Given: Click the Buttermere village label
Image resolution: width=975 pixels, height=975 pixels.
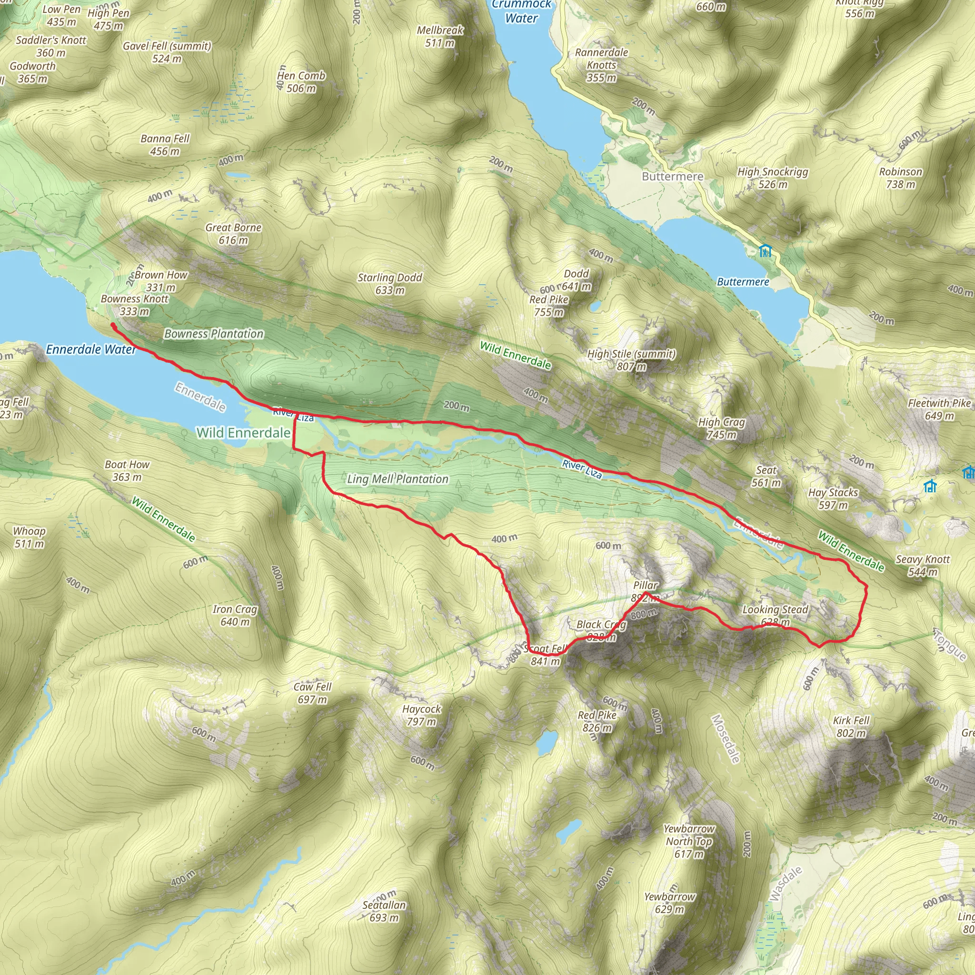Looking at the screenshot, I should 672,177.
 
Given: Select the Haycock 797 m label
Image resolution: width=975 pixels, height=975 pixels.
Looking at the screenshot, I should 421,716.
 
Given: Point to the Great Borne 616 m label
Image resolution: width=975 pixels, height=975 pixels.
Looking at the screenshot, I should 233,234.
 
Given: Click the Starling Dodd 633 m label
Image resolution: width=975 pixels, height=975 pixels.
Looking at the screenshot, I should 389,284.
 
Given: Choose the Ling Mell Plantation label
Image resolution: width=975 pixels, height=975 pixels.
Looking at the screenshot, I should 398,479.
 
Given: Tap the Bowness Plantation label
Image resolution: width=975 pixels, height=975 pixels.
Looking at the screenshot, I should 214,334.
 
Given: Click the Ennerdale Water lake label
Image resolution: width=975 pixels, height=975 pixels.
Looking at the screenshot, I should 91,349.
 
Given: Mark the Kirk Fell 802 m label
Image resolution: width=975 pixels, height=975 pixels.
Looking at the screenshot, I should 851,726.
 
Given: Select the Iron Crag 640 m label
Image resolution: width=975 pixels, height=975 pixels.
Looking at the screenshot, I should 235,616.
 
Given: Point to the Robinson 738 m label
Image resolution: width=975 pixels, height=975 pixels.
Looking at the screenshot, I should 901,178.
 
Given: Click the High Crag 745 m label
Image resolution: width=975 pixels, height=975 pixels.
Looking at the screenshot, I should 721,428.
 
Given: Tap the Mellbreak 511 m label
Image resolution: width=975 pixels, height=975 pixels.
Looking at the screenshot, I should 440,36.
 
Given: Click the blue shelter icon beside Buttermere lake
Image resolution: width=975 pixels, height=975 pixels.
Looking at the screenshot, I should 766,250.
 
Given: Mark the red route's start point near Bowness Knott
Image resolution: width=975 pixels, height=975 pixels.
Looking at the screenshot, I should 112,326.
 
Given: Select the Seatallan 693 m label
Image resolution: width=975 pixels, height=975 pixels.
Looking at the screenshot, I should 384,911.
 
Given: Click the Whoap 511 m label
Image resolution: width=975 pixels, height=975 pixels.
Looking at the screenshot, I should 29,537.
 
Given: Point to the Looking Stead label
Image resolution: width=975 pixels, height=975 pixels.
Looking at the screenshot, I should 775,610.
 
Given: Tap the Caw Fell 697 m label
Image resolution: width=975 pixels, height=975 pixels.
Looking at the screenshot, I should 312,693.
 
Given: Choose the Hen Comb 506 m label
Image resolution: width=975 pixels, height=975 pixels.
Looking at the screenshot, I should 301,82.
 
